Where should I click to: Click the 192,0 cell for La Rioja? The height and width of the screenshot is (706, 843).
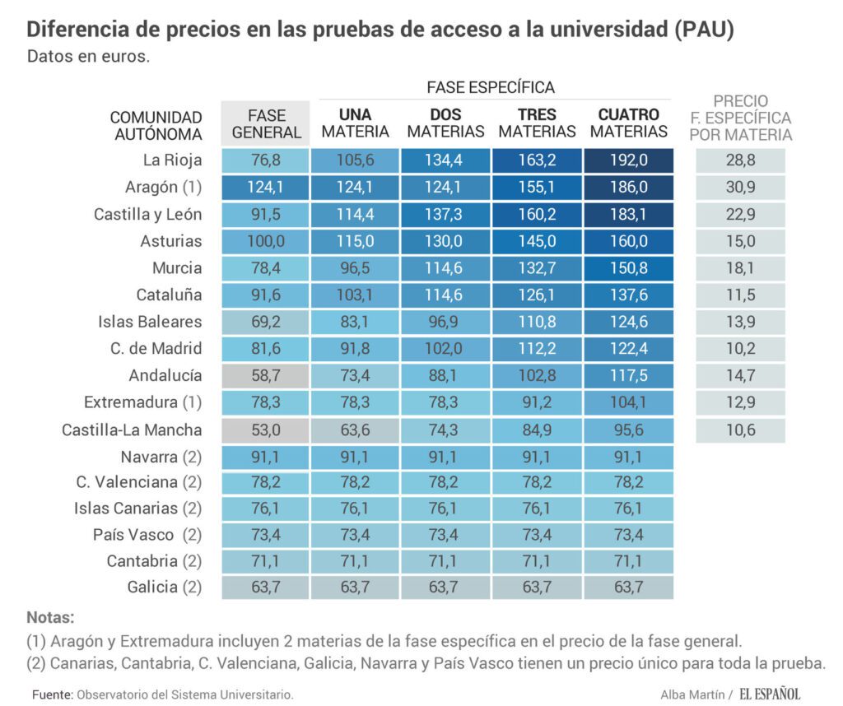pos(629,160)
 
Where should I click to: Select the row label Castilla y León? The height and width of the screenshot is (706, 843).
pos(148,215)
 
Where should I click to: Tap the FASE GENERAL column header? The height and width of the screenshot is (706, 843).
pos(266,123)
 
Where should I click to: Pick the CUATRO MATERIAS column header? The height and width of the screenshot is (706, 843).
pos(629,123)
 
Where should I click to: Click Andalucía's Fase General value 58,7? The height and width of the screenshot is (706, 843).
pos(266,376)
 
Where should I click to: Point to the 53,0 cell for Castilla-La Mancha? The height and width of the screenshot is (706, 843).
pos(266,430)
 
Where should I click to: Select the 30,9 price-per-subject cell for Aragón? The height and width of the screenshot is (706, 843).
pos(740,188)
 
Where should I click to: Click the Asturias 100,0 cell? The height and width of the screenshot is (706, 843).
pos(266,241)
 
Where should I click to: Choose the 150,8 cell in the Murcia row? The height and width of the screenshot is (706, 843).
pos(629,268)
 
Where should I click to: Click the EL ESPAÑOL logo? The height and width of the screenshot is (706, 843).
pos(769,694)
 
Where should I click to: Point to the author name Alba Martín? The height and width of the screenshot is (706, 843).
pos(691,694)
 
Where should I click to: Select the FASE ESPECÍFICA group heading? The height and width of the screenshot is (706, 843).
pos(491,87)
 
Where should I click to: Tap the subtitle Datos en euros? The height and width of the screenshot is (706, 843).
pos(88,58)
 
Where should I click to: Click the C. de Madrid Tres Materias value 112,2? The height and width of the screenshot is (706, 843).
pos(538,349)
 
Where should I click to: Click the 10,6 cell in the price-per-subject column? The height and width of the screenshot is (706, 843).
pos(740,430)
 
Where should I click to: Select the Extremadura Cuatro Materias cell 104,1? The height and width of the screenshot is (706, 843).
pos(629,402)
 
